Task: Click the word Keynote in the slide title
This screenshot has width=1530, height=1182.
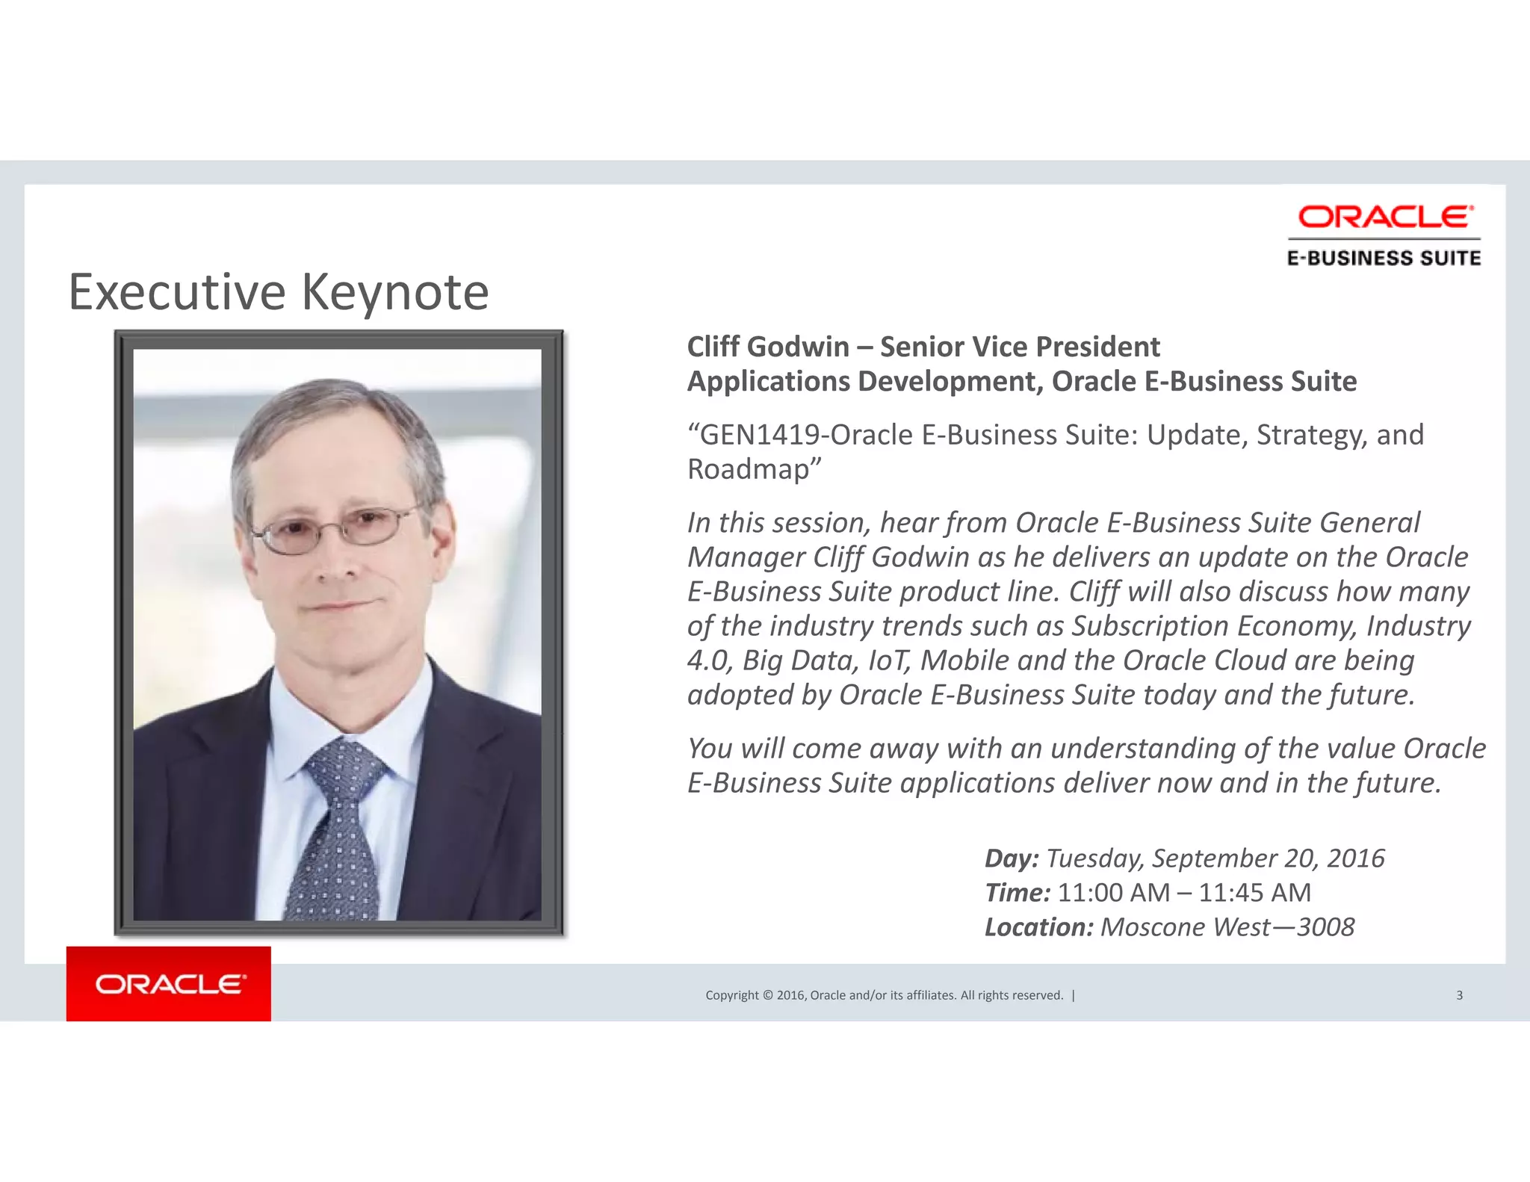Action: (x=395, y=292)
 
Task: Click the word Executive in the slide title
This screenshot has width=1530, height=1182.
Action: (x=177, y=292)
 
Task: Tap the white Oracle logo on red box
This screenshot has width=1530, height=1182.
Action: (x=169, y=984)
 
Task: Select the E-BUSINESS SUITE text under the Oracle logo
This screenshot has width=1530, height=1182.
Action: (x=1384, y=259)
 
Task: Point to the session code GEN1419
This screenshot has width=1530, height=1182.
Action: (x=761, y=435)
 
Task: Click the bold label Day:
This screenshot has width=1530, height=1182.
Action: (x=1012, y=858)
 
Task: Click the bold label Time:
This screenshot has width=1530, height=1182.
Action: (x=1018, y=893)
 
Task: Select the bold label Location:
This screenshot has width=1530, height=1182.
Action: (x=1039, y=927)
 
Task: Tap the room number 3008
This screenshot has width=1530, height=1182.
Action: (x=1325, y=927)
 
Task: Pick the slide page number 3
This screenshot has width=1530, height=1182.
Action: (x=1459, y=995)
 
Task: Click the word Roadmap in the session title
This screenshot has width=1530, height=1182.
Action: (x=749, y=469)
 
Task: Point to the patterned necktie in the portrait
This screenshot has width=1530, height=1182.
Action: (x=338, y=829)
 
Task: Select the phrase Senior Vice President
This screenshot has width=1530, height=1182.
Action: (x=1020, y=347)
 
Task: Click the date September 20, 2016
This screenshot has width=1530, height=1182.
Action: (x=1268, y=858)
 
